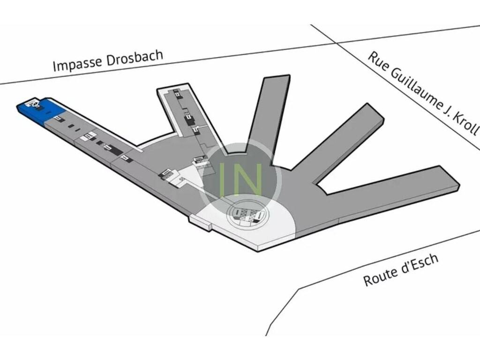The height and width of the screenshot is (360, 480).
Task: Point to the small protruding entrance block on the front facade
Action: pyautogui.click(x=201, y=222)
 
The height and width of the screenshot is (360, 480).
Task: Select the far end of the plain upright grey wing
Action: pyautogui.click(x=276, y=80)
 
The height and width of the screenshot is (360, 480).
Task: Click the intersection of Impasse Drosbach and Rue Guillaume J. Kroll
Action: pyautogui.click(x=336, y=43)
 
